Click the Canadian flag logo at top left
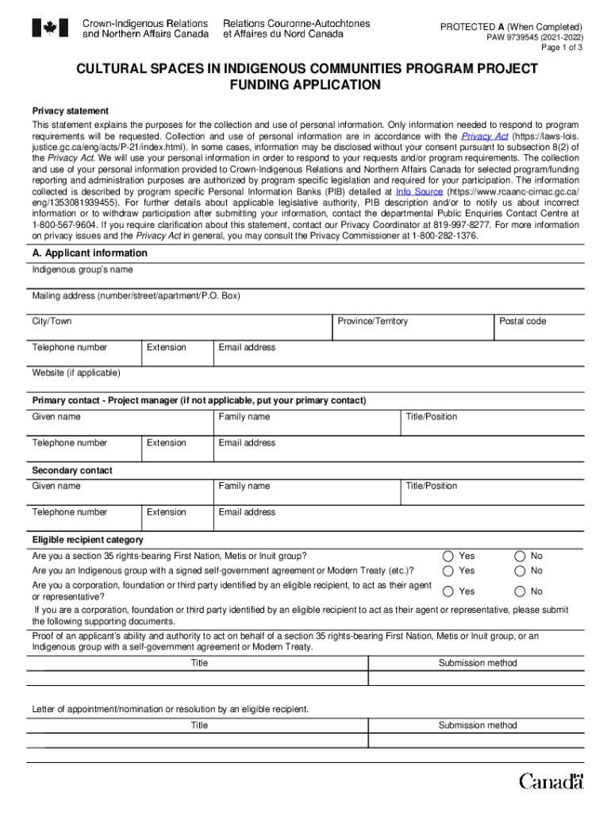(50, 29)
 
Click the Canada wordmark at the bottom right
(551, 781)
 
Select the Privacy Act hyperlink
(485, 137)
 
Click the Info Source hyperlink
(419, 192)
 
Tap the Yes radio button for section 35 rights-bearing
(449, 556)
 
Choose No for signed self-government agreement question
(520, 571)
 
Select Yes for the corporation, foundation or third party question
(449, 591)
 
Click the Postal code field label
(522, 322)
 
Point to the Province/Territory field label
(372, 322)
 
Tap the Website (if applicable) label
(76, 373)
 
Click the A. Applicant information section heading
(90, 253)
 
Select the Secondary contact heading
(72, 471)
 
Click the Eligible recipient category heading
(87, 540)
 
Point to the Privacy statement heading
(70, 111)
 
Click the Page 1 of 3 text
(562, 48)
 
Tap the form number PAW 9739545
(534, 37)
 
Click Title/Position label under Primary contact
(431, 417)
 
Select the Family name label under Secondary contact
(244, 486)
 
